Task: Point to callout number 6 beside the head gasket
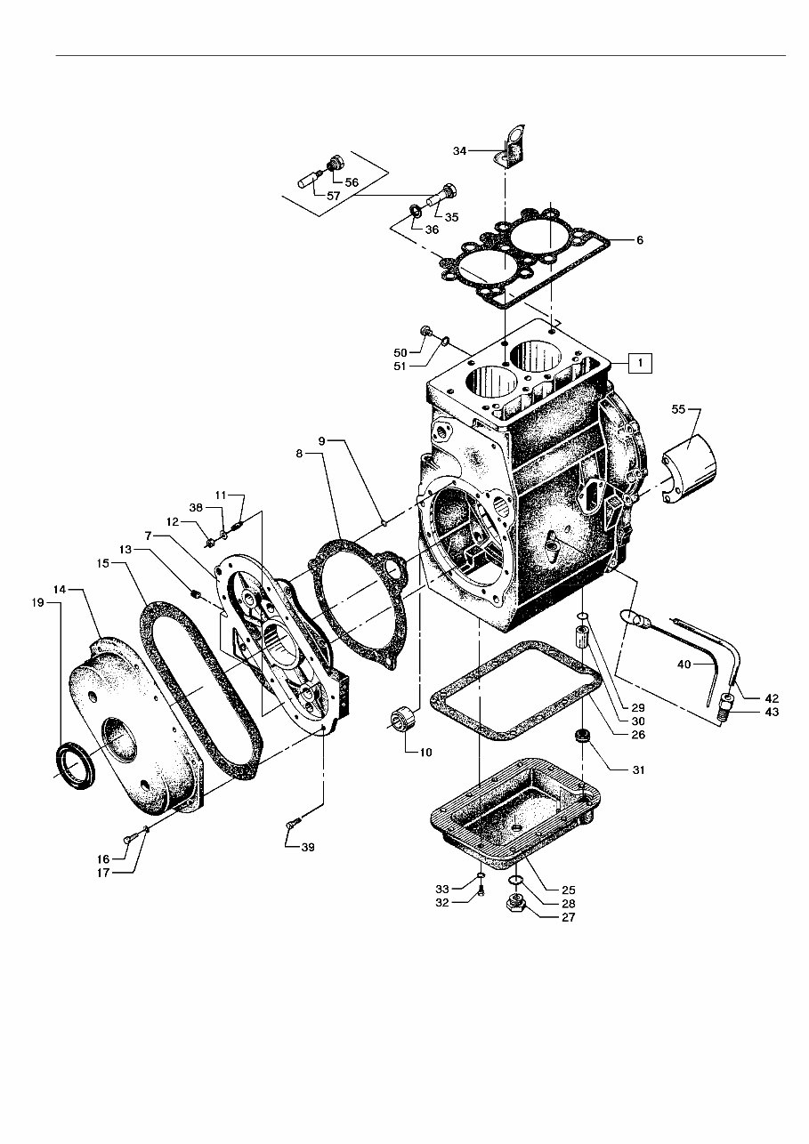638,240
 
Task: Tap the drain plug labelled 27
515,906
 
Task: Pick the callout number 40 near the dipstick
683,664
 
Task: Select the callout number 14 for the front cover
61,589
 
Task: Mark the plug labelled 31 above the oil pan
583,737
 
